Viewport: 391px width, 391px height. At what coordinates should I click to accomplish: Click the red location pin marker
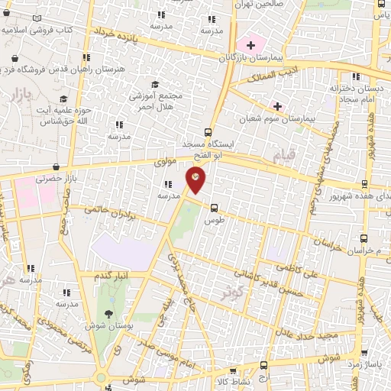[x=196, y=179]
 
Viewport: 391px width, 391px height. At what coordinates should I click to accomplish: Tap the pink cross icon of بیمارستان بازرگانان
[x=250, y=45]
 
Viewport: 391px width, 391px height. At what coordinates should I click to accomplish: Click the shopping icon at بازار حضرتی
[x=56, y=167]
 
